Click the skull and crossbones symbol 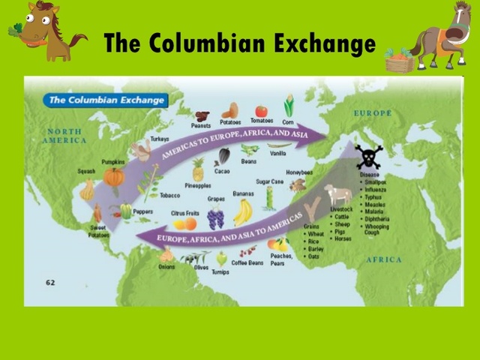368,157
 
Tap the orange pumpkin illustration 114,177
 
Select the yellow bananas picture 242,213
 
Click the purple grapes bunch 215,217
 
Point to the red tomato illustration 261,111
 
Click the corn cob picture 288,106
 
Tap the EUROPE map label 373,113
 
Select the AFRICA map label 384,259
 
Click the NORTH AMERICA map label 64,136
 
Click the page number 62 50,282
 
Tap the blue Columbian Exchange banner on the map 105,99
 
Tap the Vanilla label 278,153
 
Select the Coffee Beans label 247,262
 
